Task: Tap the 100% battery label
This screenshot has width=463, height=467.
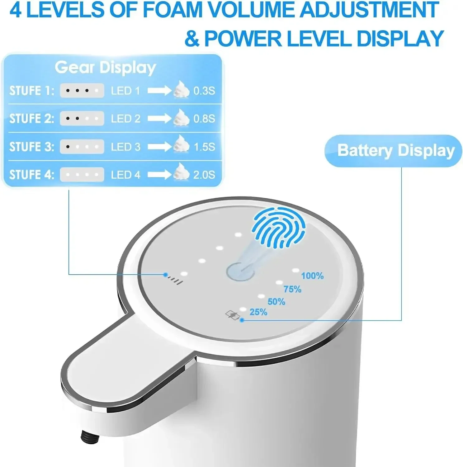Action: click(312, 276)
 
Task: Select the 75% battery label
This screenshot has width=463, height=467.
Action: click(292, 290)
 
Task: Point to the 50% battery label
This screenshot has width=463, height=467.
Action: click(276, 302)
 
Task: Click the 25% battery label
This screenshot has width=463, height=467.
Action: click(258, 312)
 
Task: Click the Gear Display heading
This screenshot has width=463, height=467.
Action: click(105, 68)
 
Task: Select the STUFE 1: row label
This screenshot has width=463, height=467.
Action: click(31, 91)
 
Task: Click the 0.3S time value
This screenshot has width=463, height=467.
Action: click(204, 91)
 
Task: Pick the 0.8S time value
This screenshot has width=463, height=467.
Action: click(204, 119)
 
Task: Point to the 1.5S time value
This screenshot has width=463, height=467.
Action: click(204, 147)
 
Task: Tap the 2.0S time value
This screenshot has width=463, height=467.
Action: click(204, 175)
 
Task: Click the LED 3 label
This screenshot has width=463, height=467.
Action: click(125, 147)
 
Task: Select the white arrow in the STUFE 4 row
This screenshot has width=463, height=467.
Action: click(159, 175)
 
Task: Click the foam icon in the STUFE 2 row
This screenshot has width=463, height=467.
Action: click(181, 118)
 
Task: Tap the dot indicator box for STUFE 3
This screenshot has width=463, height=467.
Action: click(82, 147)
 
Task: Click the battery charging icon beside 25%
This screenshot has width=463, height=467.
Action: click(233, 315)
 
